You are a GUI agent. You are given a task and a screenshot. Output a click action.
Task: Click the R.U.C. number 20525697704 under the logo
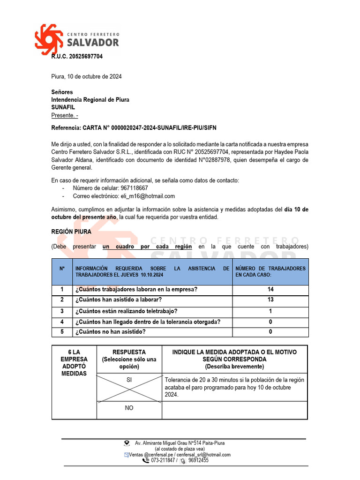[x=77, y=57]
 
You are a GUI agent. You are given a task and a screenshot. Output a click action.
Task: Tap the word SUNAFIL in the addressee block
[x=63, y=107]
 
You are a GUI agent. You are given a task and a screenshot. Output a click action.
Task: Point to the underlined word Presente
[x=64, y=115]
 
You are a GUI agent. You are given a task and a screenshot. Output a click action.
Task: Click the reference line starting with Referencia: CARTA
[x=134, y=127]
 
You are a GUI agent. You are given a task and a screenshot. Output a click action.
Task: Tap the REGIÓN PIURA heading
[x=71, y=232]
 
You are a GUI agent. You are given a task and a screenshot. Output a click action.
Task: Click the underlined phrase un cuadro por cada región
[x=147, y=247]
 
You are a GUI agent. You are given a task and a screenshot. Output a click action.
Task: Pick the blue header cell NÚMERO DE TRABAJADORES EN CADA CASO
[x=270, y=271]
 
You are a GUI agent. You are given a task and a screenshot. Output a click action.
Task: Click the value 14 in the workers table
[x=270, y=290]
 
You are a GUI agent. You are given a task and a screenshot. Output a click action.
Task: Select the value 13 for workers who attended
[x=270, y=300]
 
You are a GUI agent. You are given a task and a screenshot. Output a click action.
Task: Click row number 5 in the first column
[x=62, y=332]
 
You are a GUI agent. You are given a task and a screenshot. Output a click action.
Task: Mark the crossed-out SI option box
[x=129, y=388]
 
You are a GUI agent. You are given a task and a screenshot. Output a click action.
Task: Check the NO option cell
[x=129, y=408]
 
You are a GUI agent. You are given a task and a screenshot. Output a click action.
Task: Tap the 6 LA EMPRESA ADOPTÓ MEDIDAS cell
[x=74, y=363]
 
